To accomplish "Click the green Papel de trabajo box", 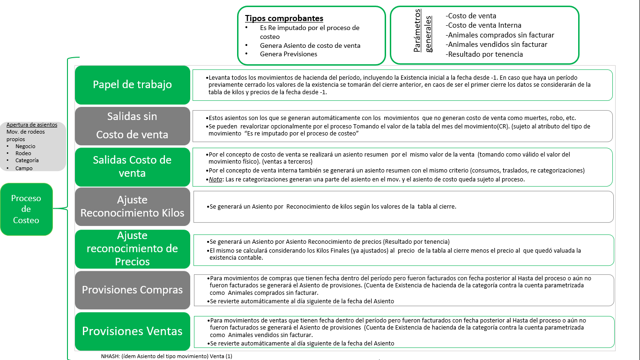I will [133, 85].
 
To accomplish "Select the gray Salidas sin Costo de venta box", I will [133, 126].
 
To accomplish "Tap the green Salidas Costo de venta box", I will [133, 166].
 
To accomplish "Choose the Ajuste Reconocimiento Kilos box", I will [133, 207].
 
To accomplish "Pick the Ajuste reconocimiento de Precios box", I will [133, 248].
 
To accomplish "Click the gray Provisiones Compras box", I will [133, 290].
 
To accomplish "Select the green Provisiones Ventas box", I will [133, 331].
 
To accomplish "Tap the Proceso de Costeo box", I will [26, 209].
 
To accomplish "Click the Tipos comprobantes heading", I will [284, 19].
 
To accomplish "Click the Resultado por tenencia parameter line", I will [484, 54].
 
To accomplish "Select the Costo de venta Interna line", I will [484, 25].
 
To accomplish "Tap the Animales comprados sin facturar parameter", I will [500, 35].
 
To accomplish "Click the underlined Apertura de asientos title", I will [32, 125].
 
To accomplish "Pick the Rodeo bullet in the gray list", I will [23, 153].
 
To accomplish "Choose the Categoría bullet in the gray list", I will [27, 160].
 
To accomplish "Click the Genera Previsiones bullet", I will [289, 54].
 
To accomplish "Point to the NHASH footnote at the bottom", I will [166, 356].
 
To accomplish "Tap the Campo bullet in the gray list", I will [24, 168].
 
